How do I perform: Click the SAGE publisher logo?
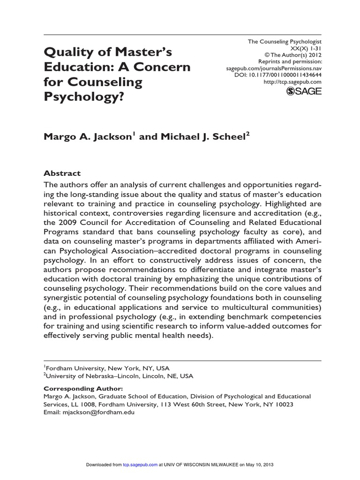pos(303,91)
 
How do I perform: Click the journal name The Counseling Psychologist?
pos(285,42)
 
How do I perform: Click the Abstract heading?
pos(62,173)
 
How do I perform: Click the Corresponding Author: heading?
pos(83,389)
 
